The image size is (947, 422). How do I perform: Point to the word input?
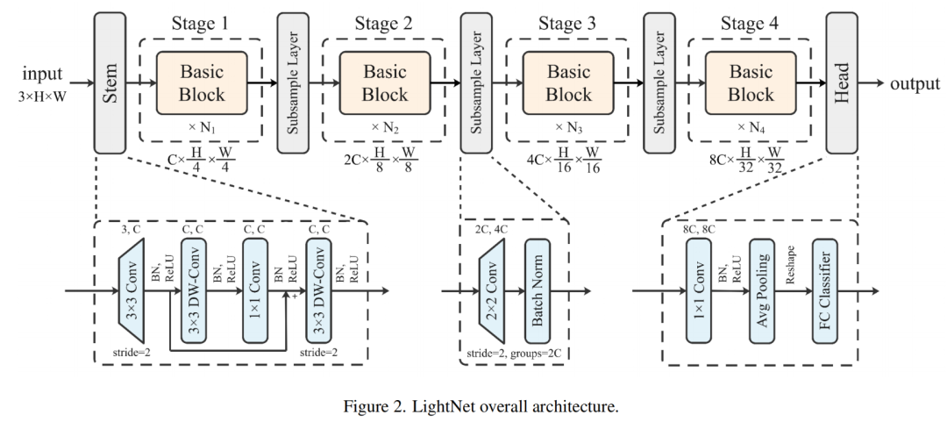42,73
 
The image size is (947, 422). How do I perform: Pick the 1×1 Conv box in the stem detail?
254,289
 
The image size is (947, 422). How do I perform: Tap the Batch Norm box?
536,290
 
